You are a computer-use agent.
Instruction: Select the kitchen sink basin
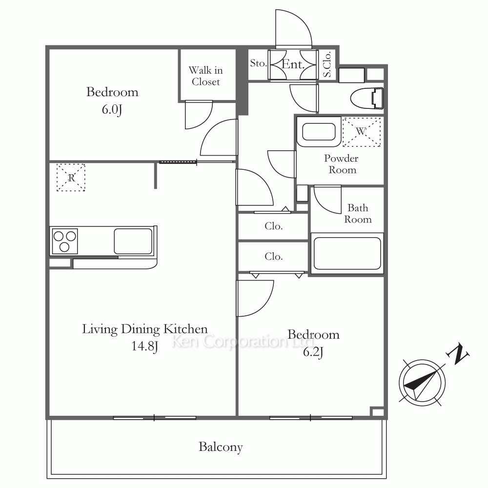pos(133,242)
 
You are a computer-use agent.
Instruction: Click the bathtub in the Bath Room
pos(347,253)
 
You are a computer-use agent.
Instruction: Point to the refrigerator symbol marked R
pos(71,178)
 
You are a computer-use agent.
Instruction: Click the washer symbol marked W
pos(361,132)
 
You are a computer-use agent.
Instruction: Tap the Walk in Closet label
pos(206,76)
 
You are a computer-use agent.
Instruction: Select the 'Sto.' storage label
pos(258,63)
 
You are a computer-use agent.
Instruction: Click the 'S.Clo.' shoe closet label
pos(327,64)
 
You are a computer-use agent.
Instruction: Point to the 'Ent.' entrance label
pos(292,64)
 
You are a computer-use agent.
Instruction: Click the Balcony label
pos(221,447)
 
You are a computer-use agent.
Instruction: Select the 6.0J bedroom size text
pos(112,109)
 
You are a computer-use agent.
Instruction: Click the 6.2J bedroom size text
pos(313,352)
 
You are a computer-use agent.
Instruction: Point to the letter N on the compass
pos(458,354)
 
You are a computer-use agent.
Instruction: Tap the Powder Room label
pos(342,164)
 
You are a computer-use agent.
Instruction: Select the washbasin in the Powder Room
pos(319,132)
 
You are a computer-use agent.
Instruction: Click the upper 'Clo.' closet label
pos(274,226)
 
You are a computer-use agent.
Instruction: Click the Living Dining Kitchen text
pos(145,329)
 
